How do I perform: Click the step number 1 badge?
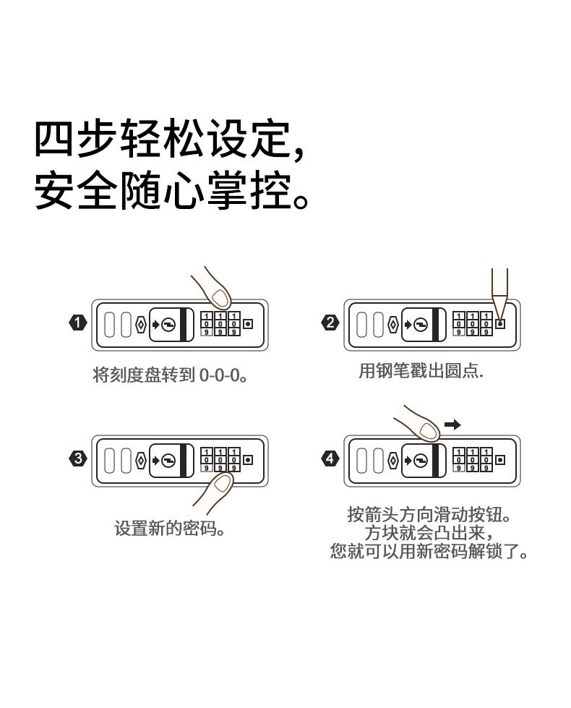(x=77, y=323)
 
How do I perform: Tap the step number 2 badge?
(x=330, y=323)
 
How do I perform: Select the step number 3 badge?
(x=77, y=459)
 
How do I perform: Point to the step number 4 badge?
(x=330, y=459)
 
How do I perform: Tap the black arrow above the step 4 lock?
(x=452, y=425)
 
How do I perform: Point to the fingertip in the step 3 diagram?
(x=220, y=482)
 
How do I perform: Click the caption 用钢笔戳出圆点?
(x=421, y=372)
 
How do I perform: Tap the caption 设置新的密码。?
(x=171, y=529)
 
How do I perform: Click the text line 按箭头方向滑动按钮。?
(x=429, y=516)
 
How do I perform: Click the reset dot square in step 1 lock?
(x=249, y=323)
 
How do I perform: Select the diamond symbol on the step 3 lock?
(x=141, y=459)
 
